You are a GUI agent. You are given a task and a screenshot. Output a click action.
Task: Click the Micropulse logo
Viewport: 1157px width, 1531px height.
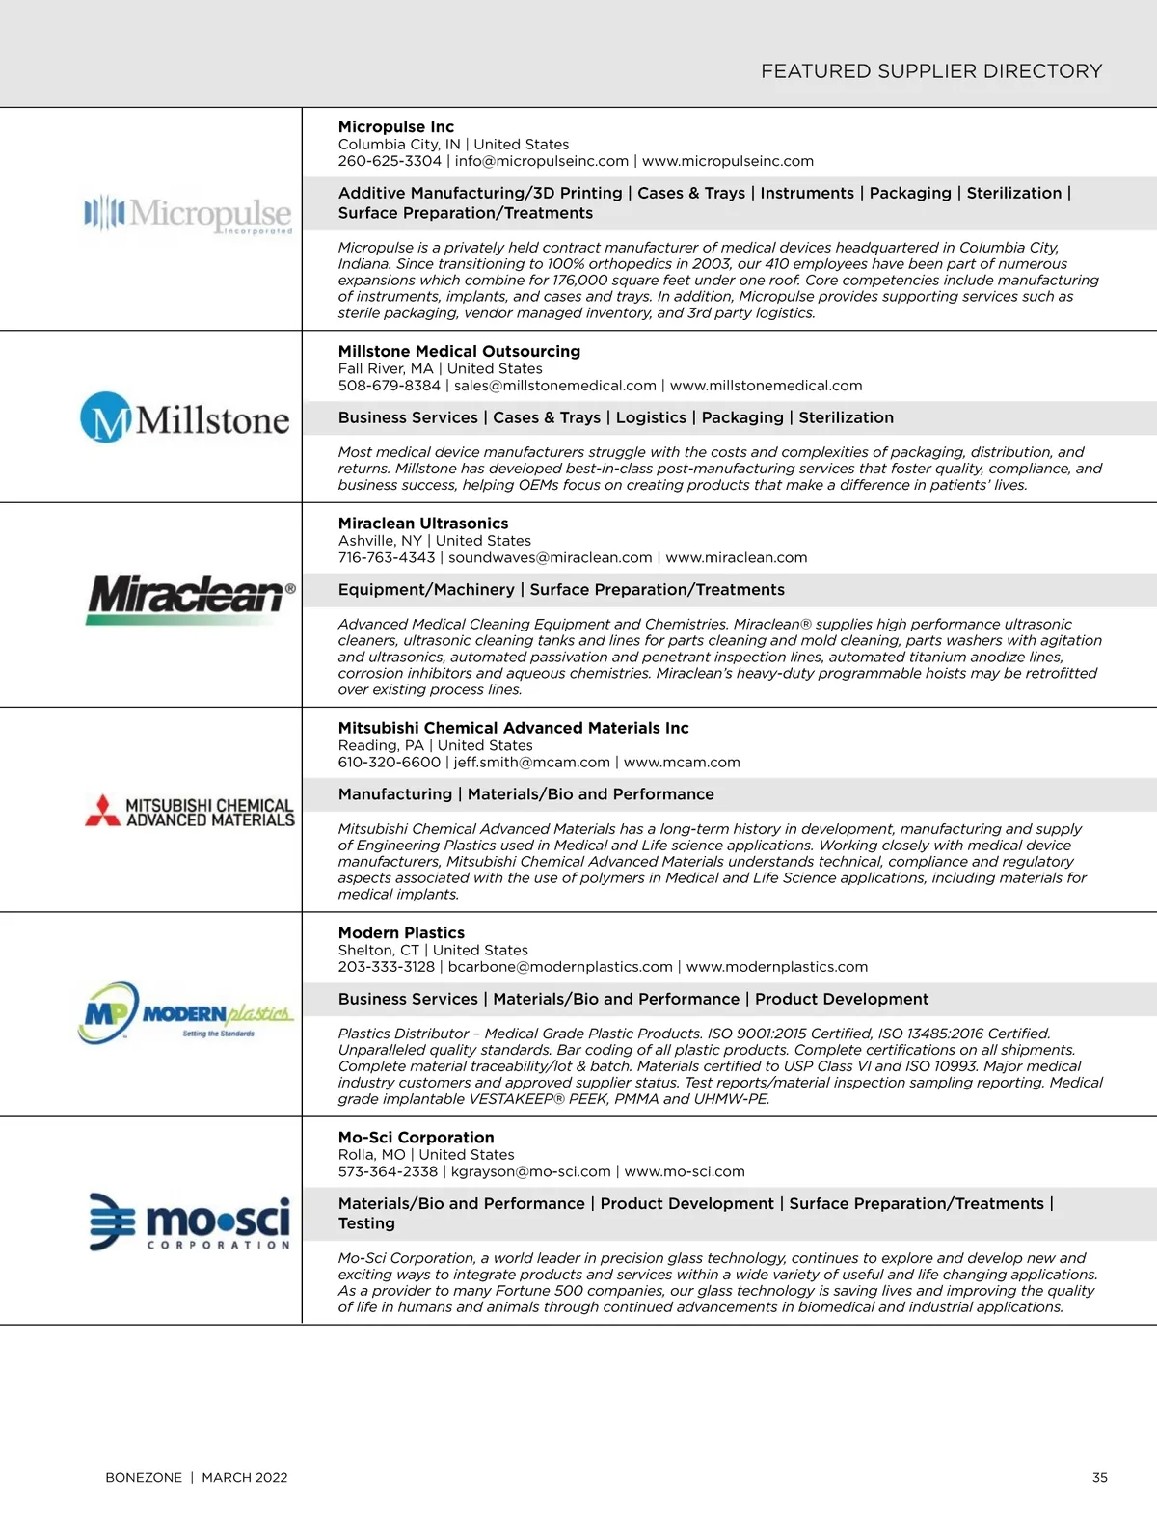click(188, 214)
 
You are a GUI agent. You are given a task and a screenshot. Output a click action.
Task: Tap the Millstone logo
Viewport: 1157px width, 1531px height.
click(184, 418)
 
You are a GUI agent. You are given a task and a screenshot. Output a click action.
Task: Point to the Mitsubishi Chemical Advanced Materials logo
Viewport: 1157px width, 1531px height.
click(190, 812)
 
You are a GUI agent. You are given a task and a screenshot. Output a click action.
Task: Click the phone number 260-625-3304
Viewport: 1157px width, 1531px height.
click(390, 161)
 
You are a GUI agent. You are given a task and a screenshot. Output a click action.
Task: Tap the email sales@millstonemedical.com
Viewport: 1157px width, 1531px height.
click(555, 386)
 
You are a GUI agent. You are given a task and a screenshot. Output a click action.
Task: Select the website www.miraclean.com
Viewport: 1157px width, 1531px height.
click(737, 557)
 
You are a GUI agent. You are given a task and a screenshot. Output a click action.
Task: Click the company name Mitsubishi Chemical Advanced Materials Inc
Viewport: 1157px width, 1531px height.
click(513, 728)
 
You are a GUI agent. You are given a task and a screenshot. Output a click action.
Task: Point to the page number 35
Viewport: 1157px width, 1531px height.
click(1100, 1477)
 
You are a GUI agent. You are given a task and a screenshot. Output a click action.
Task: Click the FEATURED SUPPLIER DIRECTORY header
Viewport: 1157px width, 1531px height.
click(931, 71)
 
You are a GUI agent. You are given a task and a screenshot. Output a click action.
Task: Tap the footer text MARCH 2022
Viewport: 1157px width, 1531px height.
click(245, 1477)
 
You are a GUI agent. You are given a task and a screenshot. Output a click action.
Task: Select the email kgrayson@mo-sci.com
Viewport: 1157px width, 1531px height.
click(531, 1171)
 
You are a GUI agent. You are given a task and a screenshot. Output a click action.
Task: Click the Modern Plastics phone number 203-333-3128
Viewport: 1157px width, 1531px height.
click(387, 966)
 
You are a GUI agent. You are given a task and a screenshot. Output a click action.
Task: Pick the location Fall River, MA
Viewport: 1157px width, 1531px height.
click(386, 368)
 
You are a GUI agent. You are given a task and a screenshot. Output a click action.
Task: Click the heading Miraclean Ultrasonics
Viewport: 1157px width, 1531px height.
click(423, 524)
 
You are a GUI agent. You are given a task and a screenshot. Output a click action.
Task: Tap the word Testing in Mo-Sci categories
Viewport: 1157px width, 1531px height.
click(366, 1223)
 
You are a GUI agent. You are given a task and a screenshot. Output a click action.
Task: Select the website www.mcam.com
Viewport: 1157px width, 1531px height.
click(682, 762)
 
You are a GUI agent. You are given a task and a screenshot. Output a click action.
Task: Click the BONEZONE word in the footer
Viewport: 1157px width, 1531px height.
click(144, 1477)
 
